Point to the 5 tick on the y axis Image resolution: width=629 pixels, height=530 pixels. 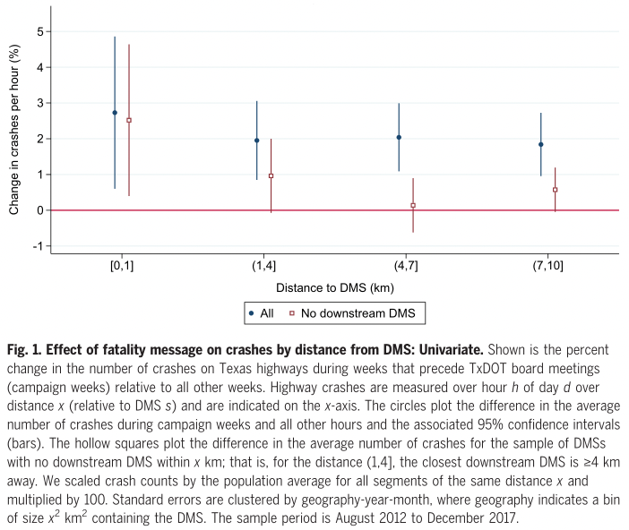39,31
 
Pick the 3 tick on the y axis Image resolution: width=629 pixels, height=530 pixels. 39,103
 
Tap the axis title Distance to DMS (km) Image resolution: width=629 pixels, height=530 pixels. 334,287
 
